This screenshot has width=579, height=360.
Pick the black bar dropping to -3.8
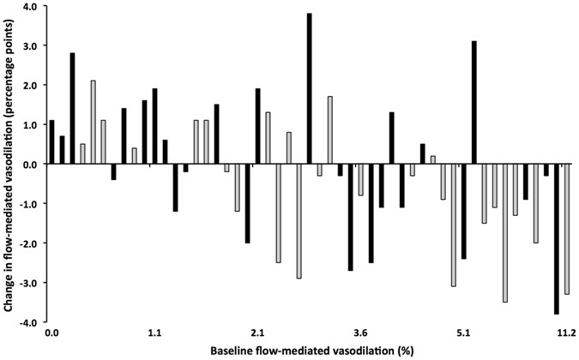click(556, 239)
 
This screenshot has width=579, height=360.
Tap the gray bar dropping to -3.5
click(504, 232)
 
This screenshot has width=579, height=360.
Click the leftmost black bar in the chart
click(51, 141)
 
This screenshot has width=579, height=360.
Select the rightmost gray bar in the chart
click(566, 229)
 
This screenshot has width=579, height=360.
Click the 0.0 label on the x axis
click(51, 332)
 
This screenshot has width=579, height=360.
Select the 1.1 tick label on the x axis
click(154, 332)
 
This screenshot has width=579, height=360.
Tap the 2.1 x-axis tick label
click(257, 332)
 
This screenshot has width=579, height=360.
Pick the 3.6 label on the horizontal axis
click(360, 332)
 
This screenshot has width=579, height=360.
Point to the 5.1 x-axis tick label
click(463, 332)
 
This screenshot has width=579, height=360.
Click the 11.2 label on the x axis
click(564, 332)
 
